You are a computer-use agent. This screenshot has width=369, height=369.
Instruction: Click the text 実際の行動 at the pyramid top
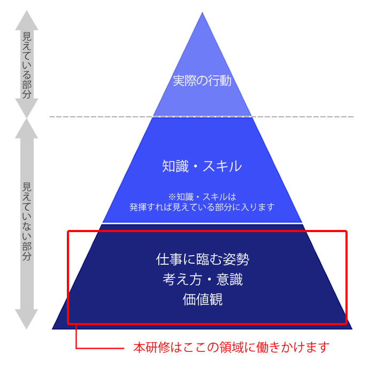[x=202, y=81]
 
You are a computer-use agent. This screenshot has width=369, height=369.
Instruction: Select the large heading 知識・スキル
[x=202, y=166]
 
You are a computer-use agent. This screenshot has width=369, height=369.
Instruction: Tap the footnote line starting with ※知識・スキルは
[x=202, y=196]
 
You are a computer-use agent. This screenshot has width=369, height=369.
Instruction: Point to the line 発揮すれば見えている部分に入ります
[x=202, y=207]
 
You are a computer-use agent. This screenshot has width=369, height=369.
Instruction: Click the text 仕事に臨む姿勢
[x=202, y=259]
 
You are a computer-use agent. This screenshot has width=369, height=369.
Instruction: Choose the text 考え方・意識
[x=202, y=279]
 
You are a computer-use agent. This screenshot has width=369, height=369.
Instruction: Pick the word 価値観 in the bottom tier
[x=203, y=299]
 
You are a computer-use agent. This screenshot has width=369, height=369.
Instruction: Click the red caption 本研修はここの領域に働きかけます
[x=232, y=348]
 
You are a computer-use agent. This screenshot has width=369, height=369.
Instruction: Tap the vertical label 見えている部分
[x=27, y=65]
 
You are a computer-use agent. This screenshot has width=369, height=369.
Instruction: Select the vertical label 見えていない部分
[x=27, y=221]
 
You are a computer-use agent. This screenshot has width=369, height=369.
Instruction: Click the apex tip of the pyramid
[x=202, y=12]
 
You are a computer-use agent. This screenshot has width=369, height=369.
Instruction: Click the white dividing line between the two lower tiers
[x=202, y=222]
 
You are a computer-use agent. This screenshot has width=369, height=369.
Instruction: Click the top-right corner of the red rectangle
[x=347, y=232]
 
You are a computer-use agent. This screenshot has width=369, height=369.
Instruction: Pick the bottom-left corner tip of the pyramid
[x=52, y=329]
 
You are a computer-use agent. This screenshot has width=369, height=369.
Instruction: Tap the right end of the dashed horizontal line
[x=353, y=117]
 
